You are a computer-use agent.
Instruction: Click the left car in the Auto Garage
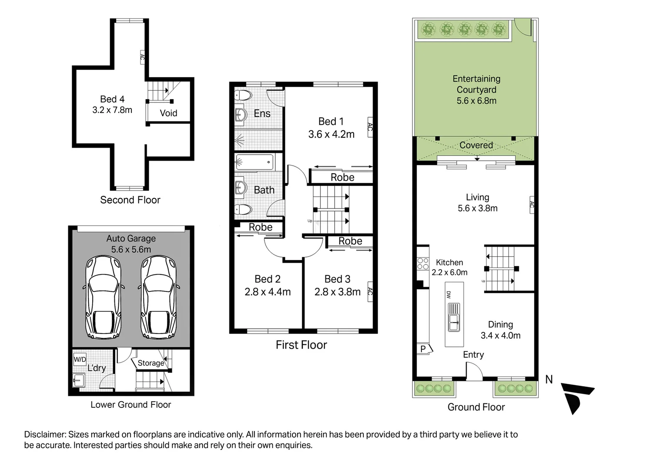point(104,297)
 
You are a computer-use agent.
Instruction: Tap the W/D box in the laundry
point(80,359)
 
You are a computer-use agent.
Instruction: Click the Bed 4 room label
point(112,99)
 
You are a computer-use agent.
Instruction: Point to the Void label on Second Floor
point(168,113)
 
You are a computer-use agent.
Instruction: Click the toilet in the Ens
point(244,96)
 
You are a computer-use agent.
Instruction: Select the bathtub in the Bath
point(254,162)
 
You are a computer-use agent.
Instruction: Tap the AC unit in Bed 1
point(370,127)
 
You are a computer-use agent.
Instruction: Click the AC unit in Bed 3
point(370,291)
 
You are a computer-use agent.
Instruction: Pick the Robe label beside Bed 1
point(342,177)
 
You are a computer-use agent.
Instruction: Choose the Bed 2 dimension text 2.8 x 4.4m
point(268,292)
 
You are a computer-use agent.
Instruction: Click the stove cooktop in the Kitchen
point(423,264)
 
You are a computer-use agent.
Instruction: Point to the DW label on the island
point(449,294)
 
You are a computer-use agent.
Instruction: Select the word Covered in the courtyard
point(476,145)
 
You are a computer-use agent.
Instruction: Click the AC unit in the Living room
point(532,205)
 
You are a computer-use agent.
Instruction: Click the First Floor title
point(301,345)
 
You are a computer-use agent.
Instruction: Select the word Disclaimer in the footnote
point(45,434)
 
